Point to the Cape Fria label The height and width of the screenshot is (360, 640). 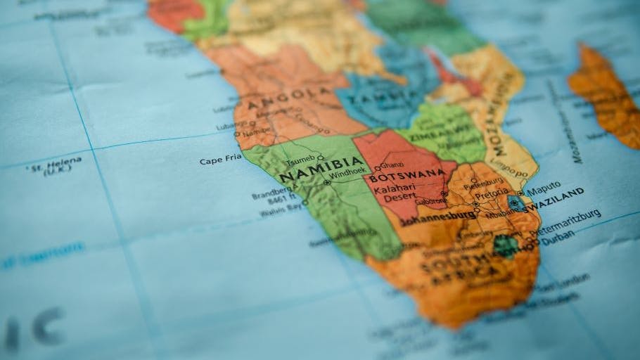pos(220,160)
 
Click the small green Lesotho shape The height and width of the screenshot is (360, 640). pos(506,246)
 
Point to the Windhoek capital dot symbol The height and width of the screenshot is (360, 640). pos(328,182)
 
